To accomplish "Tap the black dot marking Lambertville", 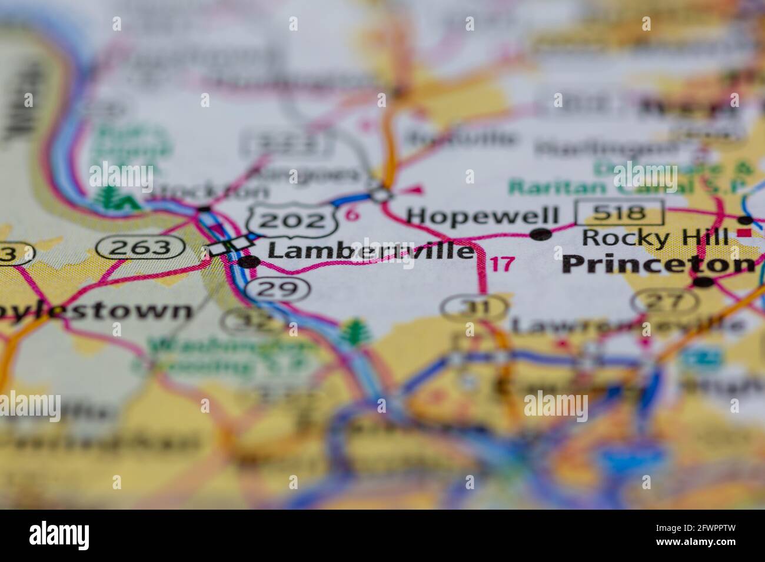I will point(248,262).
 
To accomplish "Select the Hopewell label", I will point(483,216).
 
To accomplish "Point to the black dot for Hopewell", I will point(541,235).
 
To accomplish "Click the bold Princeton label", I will point(658,265).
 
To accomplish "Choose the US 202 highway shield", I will point(293,220).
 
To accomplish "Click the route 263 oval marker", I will point(142,247).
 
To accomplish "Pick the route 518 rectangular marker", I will point(620,213).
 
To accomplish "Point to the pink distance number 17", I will point(502,264).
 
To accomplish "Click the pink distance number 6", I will point(352,215).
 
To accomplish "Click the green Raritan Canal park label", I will point(624,186).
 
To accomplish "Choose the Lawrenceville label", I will point(627,324).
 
